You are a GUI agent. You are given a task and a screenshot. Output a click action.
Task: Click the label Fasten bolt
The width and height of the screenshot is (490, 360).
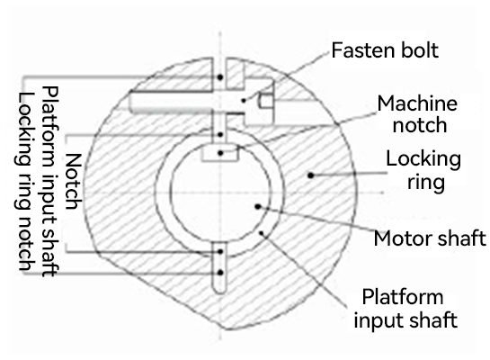click(x=385, y=50)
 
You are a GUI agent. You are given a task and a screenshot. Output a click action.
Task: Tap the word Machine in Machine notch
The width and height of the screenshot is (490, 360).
click(x=417, y=103)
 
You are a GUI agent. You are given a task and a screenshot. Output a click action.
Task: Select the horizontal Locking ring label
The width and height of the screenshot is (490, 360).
click(x=423, y=170)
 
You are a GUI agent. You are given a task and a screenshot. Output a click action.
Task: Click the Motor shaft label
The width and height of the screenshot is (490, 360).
click(x=430, y=238)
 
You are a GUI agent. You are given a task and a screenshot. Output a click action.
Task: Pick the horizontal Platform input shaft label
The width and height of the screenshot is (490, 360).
click(x=405, y=309)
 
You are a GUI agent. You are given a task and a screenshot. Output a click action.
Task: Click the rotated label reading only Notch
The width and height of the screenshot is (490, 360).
click(x=74, y=182)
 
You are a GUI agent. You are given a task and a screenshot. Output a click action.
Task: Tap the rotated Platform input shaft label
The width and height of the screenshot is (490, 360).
click(x=50, y=182)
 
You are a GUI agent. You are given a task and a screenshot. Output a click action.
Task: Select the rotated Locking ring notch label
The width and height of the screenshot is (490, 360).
click(x=24, y=182)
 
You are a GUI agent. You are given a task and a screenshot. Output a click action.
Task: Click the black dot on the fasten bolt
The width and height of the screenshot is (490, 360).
click(x=244, y=101)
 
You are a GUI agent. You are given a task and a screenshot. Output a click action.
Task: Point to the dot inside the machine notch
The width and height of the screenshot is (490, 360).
click(x=220, y=153)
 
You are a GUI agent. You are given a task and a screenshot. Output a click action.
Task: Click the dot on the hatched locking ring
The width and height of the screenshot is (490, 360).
click(x=310, y=175)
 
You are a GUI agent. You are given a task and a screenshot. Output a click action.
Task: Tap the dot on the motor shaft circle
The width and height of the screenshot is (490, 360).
click(x=258, y=206)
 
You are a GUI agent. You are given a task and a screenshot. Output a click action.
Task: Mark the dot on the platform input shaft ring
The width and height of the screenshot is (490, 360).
click(x=262, y=233)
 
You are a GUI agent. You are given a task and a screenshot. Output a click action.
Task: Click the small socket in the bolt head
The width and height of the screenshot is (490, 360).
click(x=265, y=101)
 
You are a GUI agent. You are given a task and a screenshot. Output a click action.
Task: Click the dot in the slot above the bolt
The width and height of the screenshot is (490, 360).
click(x=220, y=76)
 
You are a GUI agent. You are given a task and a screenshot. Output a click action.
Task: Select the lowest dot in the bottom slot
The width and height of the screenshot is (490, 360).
click(x=220, y=273)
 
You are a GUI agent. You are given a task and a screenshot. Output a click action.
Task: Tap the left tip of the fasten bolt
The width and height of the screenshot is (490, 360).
click(x=129, y=102)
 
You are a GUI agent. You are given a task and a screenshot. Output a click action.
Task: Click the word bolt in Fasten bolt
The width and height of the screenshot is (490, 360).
click(x=420, y=50)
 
